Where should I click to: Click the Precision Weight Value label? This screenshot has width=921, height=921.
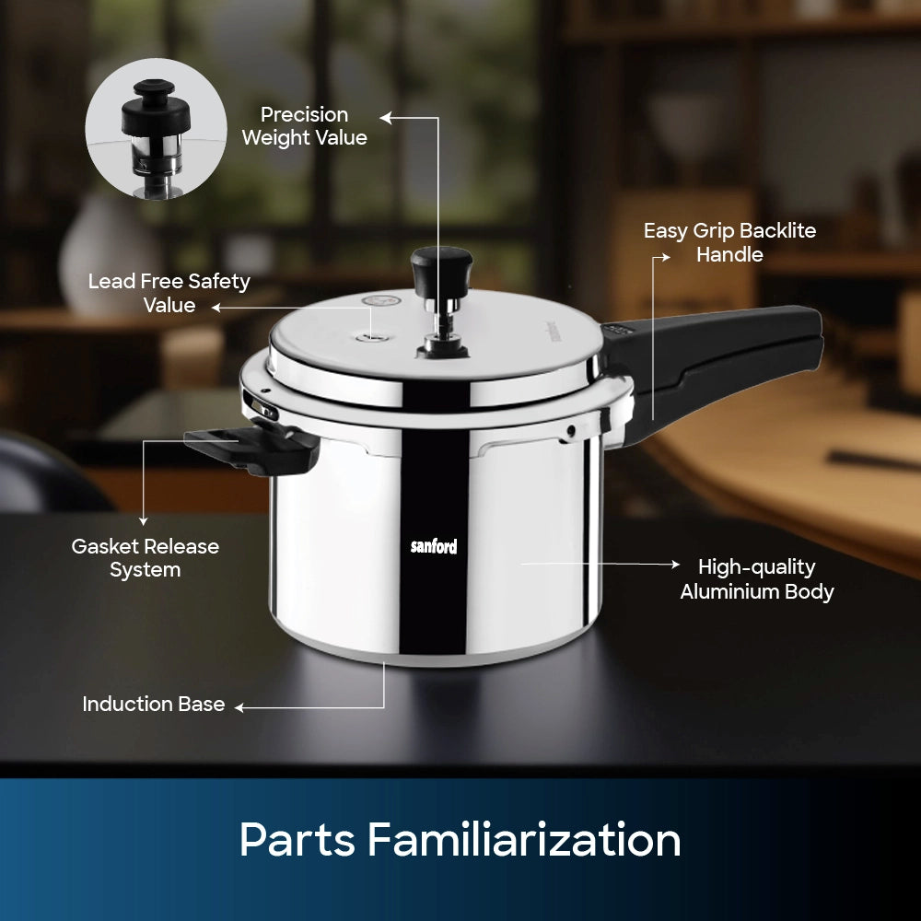(x=304, y=125)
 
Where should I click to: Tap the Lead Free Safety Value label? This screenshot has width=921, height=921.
(x=169, y=293)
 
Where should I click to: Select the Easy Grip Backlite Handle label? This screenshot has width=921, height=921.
(x=729, y=242)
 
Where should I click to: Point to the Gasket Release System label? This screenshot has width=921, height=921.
(x=146, y=558)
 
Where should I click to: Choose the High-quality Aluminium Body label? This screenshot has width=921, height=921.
(x=756, y=579)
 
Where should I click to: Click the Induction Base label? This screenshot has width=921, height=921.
(x=153, y=704)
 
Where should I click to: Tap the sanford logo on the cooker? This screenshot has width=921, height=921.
(x=434, y=546)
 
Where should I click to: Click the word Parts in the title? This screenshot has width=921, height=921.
(x=297, y=840)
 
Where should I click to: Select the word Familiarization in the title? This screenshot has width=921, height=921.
(x=524, y=840)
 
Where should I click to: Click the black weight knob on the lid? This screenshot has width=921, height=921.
(x=442, y=271)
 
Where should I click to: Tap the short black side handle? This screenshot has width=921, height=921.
(x=252, y=448)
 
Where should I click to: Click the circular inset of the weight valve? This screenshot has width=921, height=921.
(x=157, y=129)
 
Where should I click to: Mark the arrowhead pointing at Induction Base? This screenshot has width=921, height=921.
(x=239, y=707)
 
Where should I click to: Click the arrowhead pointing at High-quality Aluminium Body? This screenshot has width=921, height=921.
(x=675, y=564)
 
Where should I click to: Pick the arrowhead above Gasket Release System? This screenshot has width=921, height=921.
(x=144, y=521)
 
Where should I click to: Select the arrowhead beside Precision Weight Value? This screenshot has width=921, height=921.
(x=385, y=118)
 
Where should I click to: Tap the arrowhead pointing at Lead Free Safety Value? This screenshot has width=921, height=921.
(x=216, y=308)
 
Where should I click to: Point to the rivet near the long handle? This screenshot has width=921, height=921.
(x=570, y=432)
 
